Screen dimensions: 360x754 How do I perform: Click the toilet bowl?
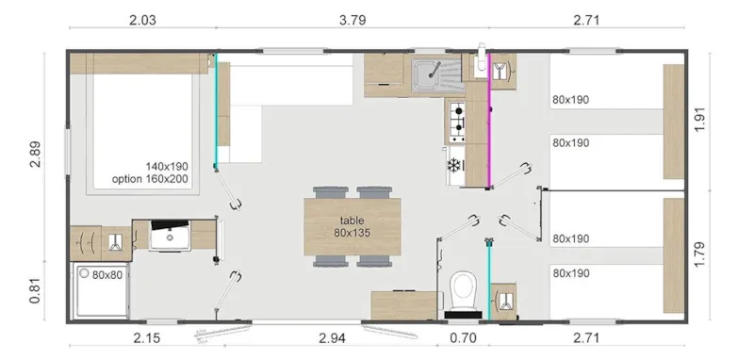click(462, 288)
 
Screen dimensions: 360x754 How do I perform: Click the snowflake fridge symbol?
click(455, 166)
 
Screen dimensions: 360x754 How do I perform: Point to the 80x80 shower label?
click(106, 275)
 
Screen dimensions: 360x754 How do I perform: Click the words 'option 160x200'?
click(150, 179)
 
